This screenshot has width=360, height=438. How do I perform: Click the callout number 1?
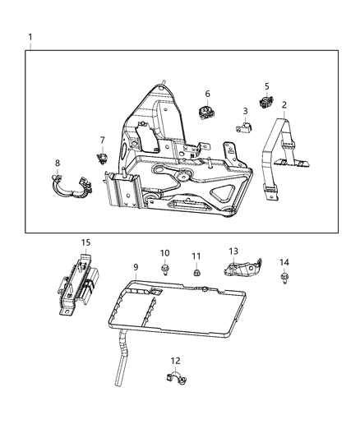[30, 37]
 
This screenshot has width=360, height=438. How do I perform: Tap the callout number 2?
[284, 105]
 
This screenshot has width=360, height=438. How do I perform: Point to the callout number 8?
[57, 163]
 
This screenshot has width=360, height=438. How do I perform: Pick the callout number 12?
[175, 360]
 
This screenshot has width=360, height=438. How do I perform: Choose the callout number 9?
[136, 267]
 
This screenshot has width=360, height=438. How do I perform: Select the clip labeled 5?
[265, 102]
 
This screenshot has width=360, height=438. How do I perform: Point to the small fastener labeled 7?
[103, 157]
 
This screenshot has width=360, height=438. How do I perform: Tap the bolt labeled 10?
[164, 269]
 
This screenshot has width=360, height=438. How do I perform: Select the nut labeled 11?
[196, 273]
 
